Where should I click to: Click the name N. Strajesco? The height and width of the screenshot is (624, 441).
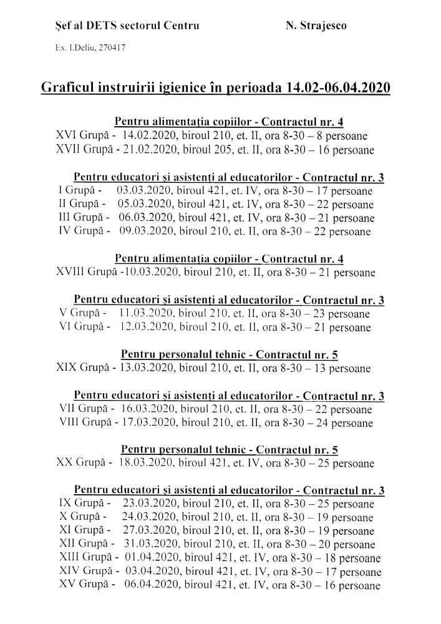click(316, 26)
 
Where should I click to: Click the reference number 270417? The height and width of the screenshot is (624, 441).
click(109, 47)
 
